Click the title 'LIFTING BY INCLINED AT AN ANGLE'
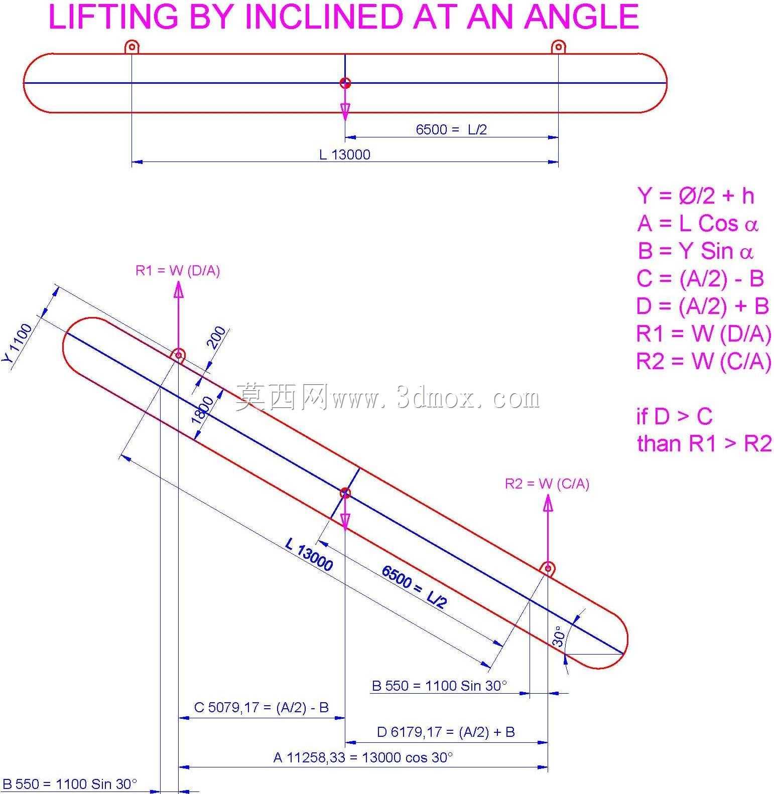point(344,17)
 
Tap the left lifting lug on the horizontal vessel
point(132,47)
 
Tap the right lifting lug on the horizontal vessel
point(559,47)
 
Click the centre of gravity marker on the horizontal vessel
point(345,83)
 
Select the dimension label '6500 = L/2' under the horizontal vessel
point(451,129)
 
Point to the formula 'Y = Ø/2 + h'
point(696,196)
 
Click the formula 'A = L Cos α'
point(698,224)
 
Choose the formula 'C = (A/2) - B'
point(700,278)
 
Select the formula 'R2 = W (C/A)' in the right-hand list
point(704,361)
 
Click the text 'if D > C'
point(674,416)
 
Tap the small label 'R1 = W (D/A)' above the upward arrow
point(178,271)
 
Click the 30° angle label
point(559,636)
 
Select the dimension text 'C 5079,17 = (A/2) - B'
point(262,707)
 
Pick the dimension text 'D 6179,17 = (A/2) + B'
point(446,732)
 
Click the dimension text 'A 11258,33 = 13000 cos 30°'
point(363,757)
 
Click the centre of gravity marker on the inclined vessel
point(345,494)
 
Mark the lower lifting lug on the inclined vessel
point(548,569)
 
